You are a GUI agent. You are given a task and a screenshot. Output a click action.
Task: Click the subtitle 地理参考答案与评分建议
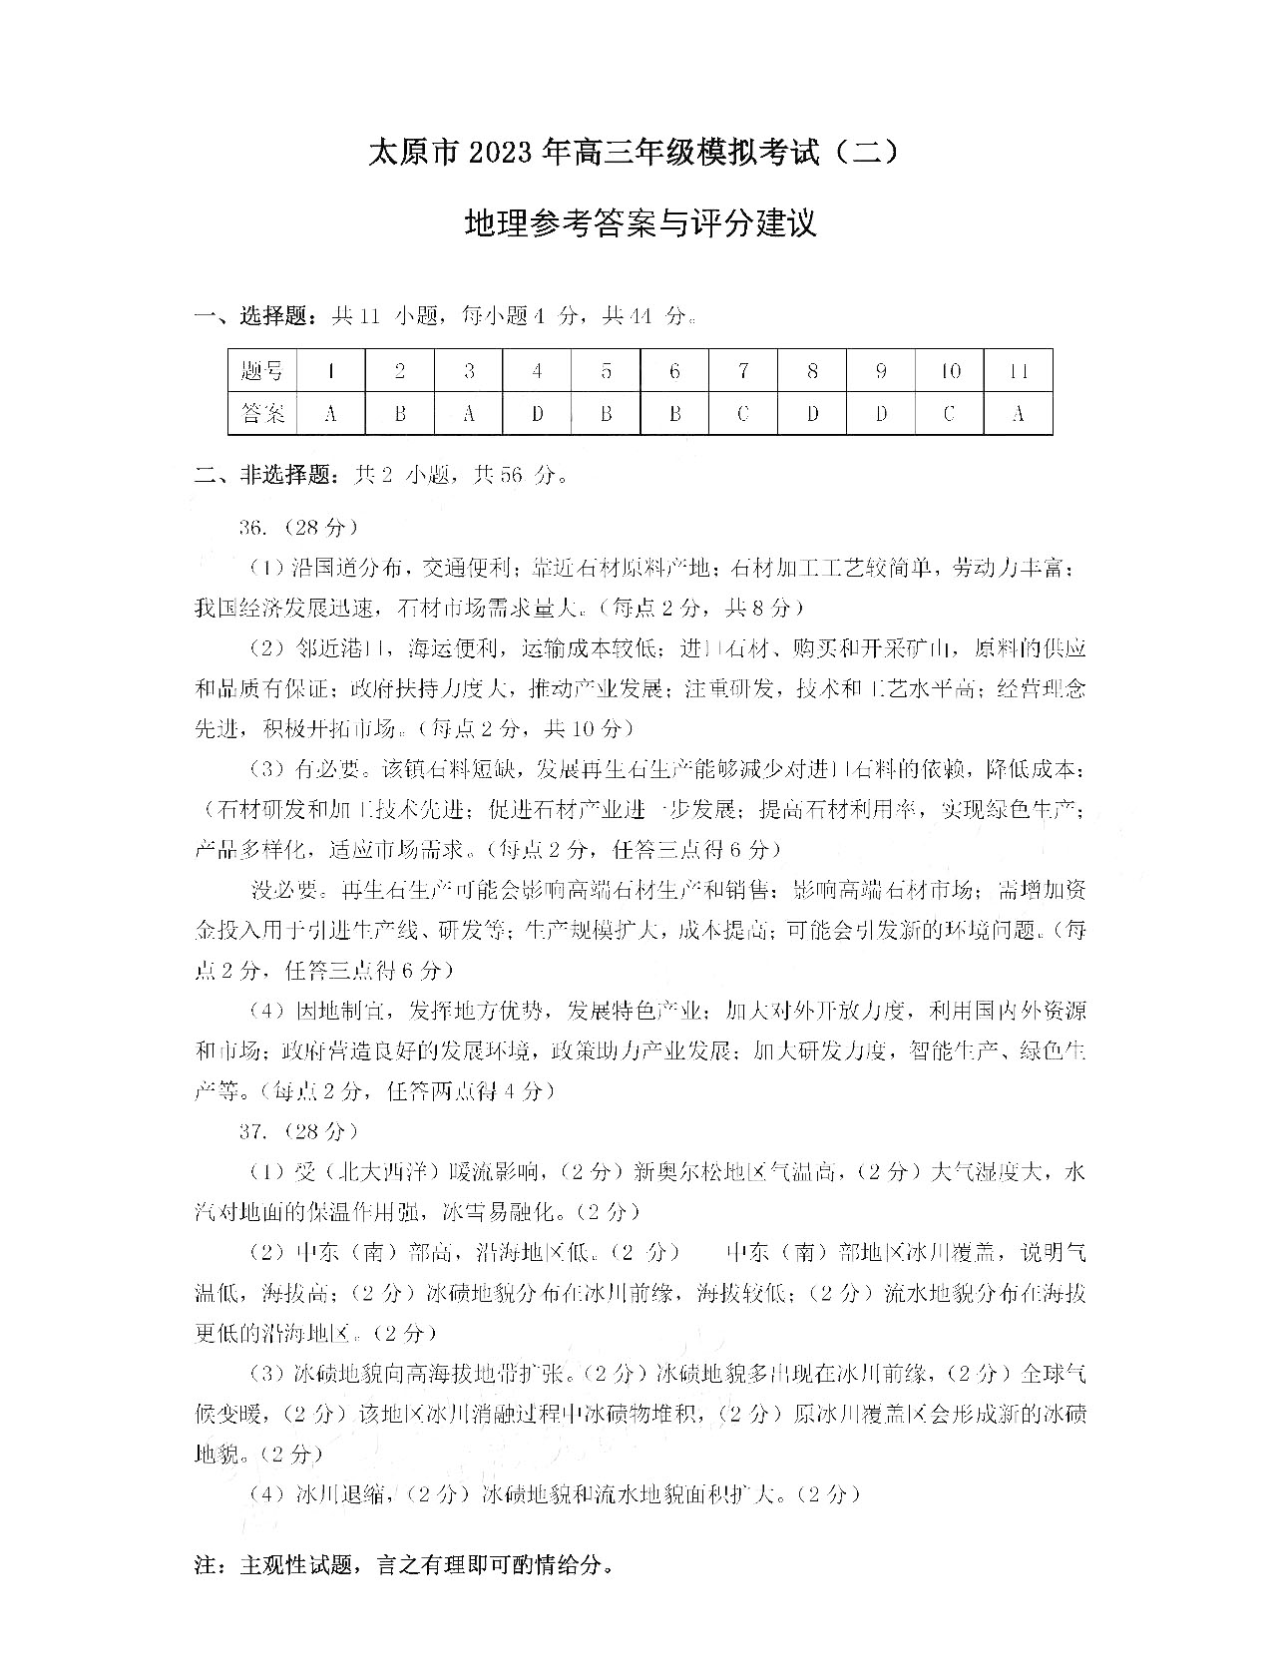tap(640, 222)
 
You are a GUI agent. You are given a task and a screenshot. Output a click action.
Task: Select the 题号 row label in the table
tap(262, 371)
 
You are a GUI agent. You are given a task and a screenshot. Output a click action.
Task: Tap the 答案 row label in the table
tap(262, 412)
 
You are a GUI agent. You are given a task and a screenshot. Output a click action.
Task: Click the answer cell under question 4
tap(537, 412)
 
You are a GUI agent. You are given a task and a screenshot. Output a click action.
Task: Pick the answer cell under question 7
tap(743, 412)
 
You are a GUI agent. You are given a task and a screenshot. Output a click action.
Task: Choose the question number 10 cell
tap(949, 371)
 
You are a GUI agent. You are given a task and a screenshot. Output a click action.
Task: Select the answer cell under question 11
tap(1018, 412)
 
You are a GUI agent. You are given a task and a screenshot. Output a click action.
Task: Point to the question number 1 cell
tap(330, 371)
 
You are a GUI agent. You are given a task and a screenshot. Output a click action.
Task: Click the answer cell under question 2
tap(399, 412)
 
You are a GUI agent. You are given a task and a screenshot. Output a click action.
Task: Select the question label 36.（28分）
tap(297, 526)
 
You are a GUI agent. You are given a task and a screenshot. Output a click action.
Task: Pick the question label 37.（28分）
tap(297, 1131)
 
